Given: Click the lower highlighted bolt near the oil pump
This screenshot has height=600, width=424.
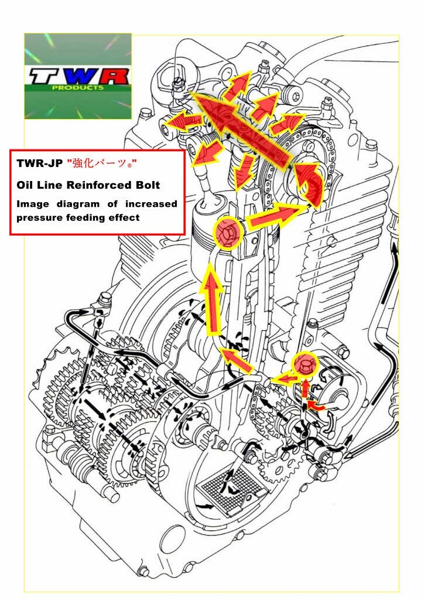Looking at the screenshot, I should [x=305, y=364].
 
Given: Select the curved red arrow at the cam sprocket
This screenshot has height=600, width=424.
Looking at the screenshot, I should [x=309, y=183].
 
